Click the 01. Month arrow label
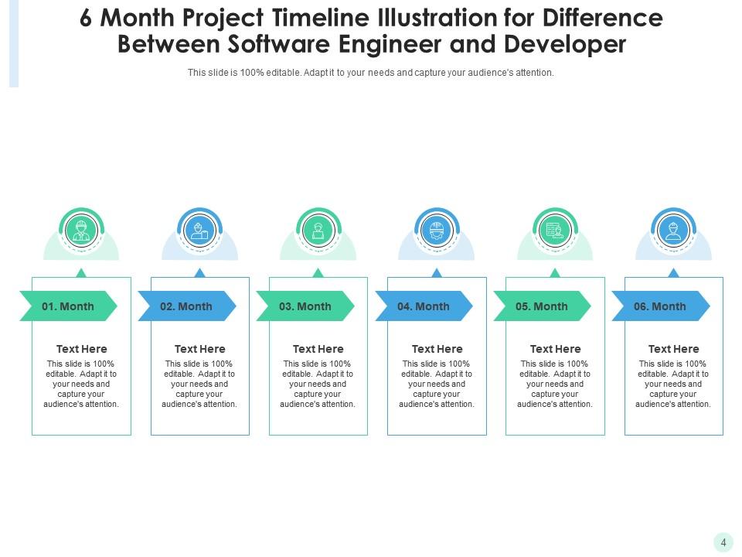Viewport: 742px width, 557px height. tap(68, 306)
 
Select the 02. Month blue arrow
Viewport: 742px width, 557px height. tap(186, 306)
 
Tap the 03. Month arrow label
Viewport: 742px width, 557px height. tap(305, 306)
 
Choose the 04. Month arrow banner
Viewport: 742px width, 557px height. tap(424, 306)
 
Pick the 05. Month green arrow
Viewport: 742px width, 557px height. tap(542, 306)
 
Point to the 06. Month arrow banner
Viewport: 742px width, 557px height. tap(660, 306)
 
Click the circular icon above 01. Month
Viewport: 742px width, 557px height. tap(81, 230)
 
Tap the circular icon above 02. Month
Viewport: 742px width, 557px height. tap(199, 230)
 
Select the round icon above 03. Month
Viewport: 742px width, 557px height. tap(318, 230)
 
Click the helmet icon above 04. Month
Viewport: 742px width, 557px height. tap(437, 230)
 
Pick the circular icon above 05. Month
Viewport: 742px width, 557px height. tap(555, 230)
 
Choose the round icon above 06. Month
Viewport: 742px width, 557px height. tap(673, 230)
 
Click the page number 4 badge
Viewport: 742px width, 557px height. tap(723, 543)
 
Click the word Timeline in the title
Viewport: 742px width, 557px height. tap(305, 19)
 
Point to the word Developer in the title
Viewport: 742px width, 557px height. tap(564, 44)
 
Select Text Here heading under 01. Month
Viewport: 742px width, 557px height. tap(82, 349)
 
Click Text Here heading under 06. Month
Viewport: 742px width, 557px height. tap(673, 349)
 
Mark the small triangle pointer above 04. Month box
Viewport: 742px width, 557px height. tap(437, 273)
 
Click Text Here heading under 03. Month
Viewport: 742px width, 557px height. tap(318, 349)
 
